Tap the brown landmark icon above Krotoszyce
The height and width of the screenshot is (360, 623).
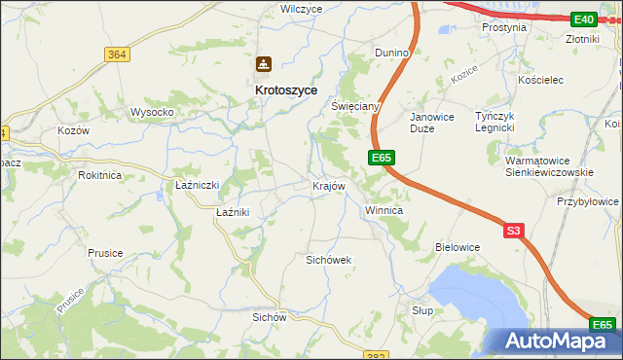263,64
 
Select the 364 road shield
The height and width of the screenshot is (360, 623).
117,54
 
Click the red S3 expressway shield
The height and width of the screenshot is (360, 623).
515,231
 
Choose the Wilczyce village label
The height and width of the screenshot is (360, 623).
301,9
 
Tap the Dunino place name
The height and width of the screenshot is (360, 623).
395,53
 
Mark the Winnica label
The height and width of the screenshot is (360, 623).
384,210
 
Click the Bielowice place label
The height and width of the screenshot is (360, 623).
458,247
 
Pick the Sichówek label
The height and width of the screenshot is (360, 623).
328,261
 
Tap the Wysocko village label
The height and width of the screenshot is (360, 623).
152,112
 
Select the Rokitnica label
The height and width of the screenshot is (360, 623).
101,176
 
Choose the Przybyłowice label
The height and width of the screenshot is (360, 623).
588,201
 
